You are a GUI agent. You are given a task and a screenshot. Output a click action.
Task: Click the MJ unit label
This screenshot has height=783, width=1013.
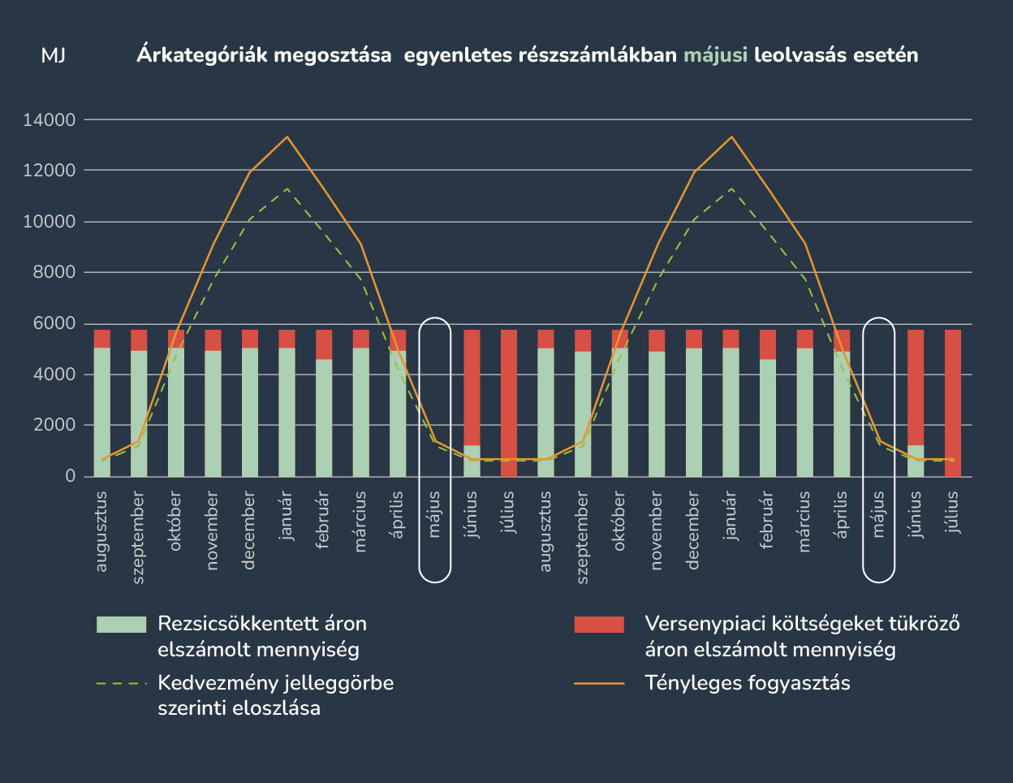[x=54, y=56]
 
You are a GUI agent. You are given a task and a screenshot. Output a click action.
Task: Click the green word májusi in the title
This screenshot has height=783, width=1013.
[x=715, y=56]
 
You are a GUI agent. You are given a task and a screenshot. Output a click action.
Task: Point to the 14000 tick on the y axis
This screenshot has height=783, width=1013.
[x=50, y=120]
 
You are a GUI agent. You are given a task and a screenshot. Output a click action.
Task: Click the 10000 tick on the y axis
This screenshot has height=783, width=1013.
[x=50, y=222]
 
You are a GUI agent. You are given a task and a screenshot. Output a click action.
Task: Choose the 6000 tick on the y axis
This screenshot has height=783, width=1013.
[x=54, y=324]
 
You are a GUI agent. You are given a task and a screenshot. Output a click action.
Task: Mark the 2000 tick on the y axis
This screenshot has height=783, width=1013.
[x=54, y=426]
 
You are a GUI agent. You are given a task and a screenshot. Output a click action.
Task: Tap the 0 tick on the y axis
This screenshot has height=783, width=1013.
[x=70, y=477]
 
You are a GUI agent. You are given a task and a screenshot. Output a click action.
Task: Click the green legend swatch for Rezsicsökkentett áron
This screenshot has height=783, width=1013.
[x=121, y=625]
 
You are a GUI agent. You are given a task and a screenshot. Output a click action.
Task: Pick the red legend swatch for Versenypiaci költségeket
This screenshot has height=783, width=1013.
[x=599, y=625]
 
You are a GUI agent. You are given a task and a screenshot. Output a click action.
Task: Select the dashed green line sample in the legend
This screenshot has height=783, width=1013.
[x=121, y=683]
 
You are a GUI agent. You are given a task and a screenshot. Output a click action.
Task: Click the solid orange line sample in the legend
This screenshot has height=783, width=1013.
[x=599, y=683]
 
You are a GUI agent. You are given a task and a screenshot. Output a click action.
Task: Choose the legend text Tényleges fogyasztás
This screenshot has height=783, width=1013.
[x=748, y=683]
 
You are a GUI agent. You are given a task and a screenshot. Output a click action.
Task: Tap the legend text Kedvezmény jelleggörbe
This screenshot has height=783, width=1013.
[x=276, y=683]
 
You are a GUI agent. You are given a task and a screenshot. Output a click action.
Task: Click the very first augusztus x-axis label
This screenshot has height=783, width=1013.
[x=101, y=530]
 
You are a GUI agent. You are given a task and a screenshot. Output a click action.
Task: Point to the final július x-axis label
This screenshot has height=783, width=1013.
[x=953, y=512]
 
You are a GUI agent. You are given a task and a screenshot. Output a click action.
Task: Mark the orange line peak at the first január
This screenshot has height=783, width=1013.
[x=287, y=136]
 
